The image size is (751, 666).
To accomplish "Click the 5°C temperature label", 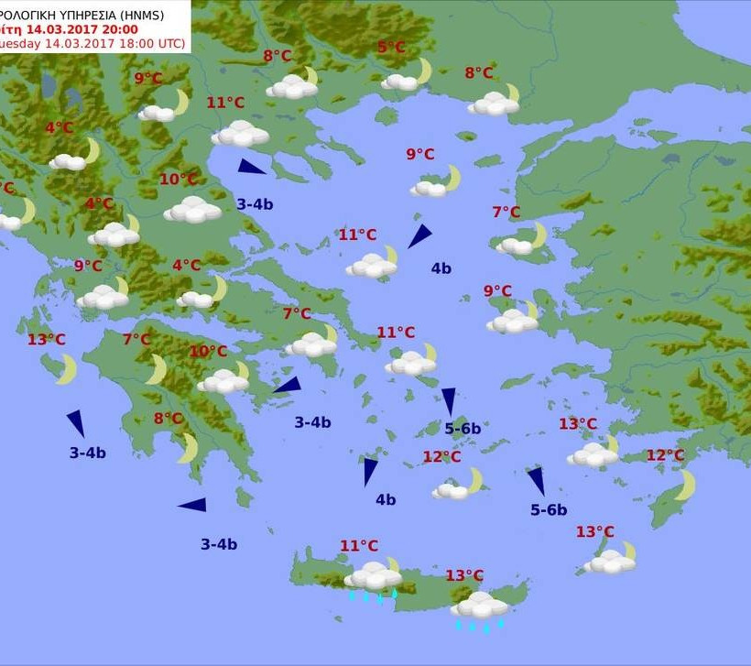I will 391,48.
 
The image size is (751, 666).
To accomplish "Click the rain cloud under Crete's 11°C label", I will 374,577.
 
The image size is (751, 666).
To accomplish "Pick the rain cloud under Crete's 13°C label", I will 479,606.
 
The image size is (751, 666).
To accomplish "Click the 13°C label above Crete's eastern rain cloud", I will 464,575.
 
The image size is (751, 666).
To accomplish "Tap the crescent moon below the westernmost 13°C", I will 65,369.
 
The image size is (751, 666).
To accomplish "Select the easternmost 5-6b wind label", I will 549,510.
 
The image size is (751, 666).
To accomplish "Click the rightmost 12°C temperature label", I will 665,455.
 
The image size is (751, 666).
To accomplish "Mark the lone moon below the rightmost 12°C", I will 686,486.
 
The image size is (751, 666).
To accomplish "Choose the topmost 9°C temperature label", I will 148,79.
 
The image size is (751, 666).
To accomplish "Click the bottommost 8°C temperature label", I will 169,419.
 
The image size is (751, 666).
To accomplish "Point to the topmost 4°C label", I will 59,128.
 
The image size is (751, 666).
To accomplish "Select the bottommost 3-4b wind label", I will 219,544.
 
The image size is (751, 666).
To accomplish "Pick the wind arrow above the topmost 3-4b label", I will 251,167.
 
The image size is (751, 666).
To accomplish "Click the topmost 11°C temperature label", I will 224,103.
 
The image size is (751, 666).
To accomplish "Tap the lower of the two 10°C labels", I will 208,352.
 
